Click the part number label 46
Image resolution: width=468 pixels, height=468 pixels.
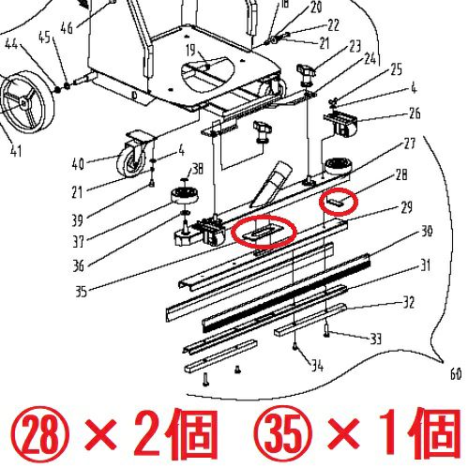tap(67, 27)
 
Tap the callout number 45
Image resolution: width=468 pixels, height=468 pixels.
tap(44, 38)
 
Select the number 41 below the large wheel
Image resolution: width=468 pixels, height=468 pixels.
tap(16, 151)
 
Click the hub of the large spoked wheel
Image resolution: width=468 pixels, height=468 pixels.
tap(23, 101)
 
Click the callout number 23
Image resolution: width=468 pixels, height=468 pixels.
tap(355, 47)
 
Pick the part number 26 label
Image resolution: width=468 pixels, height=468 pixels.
tap(415, 113)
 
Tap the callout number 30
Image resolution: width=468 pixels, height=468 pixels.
tap(426, 232)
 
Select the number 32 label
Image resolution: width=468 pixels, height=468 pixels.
tap(408, 302)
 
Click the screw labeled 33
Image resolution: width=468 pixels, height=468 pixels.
tap(326, 330)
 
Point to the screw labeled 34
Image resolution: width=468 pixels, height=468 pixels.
tap(295, 346)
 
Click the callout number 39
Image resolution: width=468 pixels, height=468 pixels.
tap(78, 220)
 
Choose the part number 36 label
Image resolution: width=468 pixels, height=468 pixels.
tap(79, 266)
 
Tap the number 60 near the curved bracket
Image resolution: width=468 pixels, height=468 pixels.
tap(456, 374)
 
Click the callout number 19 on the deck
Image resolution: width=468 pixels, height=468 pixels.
tap(190, 51)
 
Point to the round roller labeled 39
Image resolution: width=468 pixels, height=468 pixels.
tap(185, 196)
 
